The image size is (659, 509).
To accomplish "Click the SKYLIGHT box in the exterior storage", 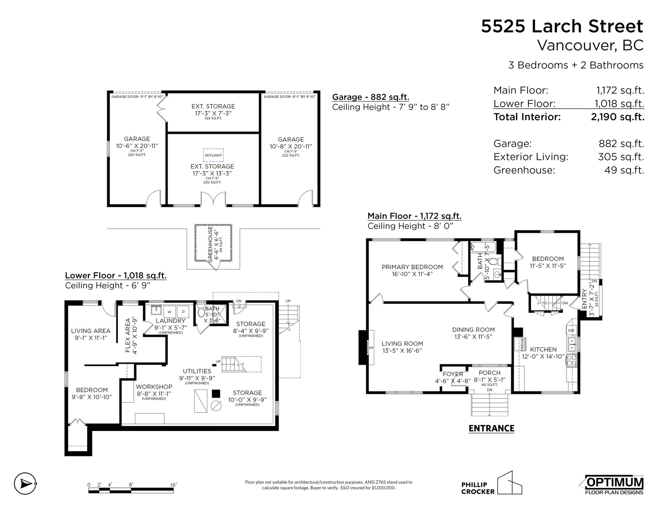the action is click(x=213, y=155).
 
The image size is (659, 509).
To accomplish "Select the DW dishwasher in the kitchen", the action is click(x=571, y=330).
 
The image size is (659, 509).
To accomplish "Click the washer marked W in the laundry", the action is click(x=169, y=312).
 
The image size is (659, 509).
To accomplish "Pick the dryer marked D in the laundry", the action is click(x=183, y=312).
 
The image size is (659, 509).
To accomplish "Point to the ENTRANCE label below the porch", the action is click(x=492, y=428).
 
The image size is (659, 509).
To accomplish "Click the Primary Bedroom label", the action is click(x=412, y=267).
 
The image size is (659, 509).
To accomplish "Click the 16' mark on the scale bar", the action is click(x=173, y=485).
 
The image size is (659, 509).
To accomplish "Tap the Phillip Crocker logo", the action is click(x=491, y=483).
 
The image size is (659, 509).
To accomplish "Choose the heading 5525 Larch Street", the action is click(x=562, y=26).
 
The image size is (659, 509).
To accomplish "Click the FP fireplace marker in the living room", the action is click(x=371, y=347).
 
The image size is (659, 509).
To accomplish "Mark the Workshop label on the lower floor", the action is click(x=154, y=387).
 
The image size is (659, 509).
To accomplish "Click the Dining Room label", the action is click(x=473, y=330).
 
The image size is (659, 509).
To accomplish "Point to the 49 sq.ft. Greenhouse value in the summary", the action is click(x=624, y=170).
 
